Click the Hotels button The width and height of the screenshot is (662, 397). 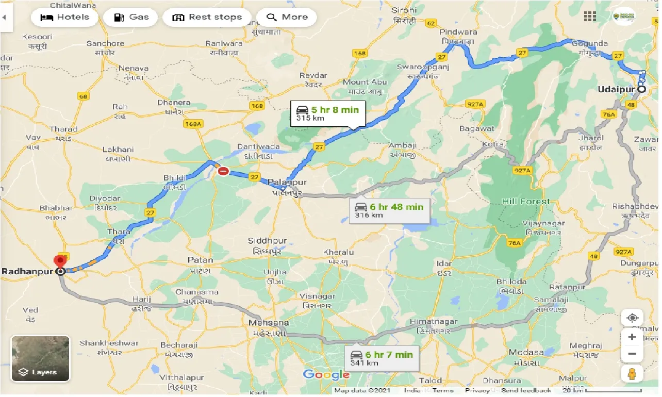(64, 17)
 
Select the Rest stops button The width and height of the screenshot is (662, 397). (207, 17)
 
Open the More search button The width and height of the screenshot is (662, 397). (287, 17)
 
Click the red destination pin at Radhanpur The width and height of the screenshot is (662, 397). (61, 261)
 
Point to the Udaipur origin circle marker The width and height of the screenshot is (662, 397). (642, 89)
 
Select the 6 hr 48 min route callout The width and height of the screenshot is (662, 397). (389, 210)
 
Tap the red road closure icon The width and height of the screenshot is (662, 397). (223, 171)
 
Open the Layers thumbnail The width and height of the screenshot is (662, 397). (40, 359)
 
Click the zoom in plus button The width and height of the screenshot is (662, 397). (632, 337)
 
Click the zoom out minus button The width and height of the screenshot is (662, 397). (632, 354)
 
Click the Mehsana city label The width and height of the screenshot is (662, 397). (269, 323)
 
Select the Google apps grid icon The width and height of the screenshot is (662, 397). (590, 16)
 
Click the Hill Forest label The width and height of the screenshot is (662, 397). (526, 202)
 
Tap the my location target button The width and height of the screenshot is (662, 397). (632, 318)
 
